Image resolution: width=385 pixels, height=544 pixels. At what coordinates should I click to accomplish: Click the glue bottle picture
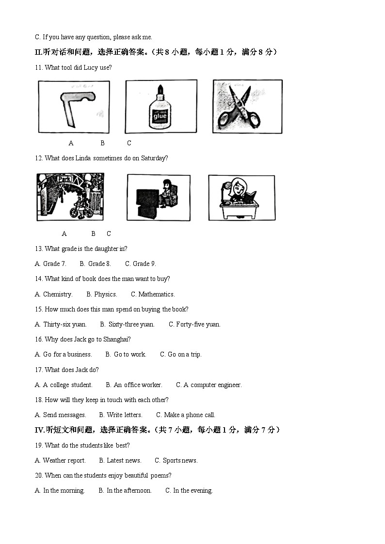point(160,107)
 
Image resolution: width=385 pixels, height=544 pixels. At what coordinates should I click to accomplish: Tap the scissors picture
point(247,107)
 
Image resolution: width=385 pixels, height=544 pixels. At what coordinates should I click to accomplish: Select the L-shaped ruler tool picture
point(74,107)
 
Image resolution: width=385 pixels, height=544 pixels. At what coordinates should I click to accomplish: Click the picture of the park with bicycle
point(70,197)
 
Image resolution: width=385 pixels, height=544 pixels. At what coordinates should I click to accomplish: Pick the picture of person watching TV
point(159,198)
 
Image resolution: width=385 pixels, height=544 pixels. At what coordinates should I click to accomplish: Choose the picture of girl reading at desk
point(241,198)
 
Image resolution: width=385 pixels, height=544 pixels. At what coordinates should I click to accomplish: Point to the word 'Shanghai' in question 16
point(116,340)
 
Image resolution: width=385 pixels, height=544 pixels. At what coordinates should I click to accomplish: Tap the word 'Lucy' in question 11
point(91,68)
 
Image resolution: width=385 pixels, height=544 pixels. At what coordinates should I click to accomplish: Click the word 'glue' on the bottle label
point(160,116)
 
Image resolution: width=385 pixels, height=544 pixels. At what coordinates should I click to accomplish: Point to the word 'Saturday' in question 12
point(154,158)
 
